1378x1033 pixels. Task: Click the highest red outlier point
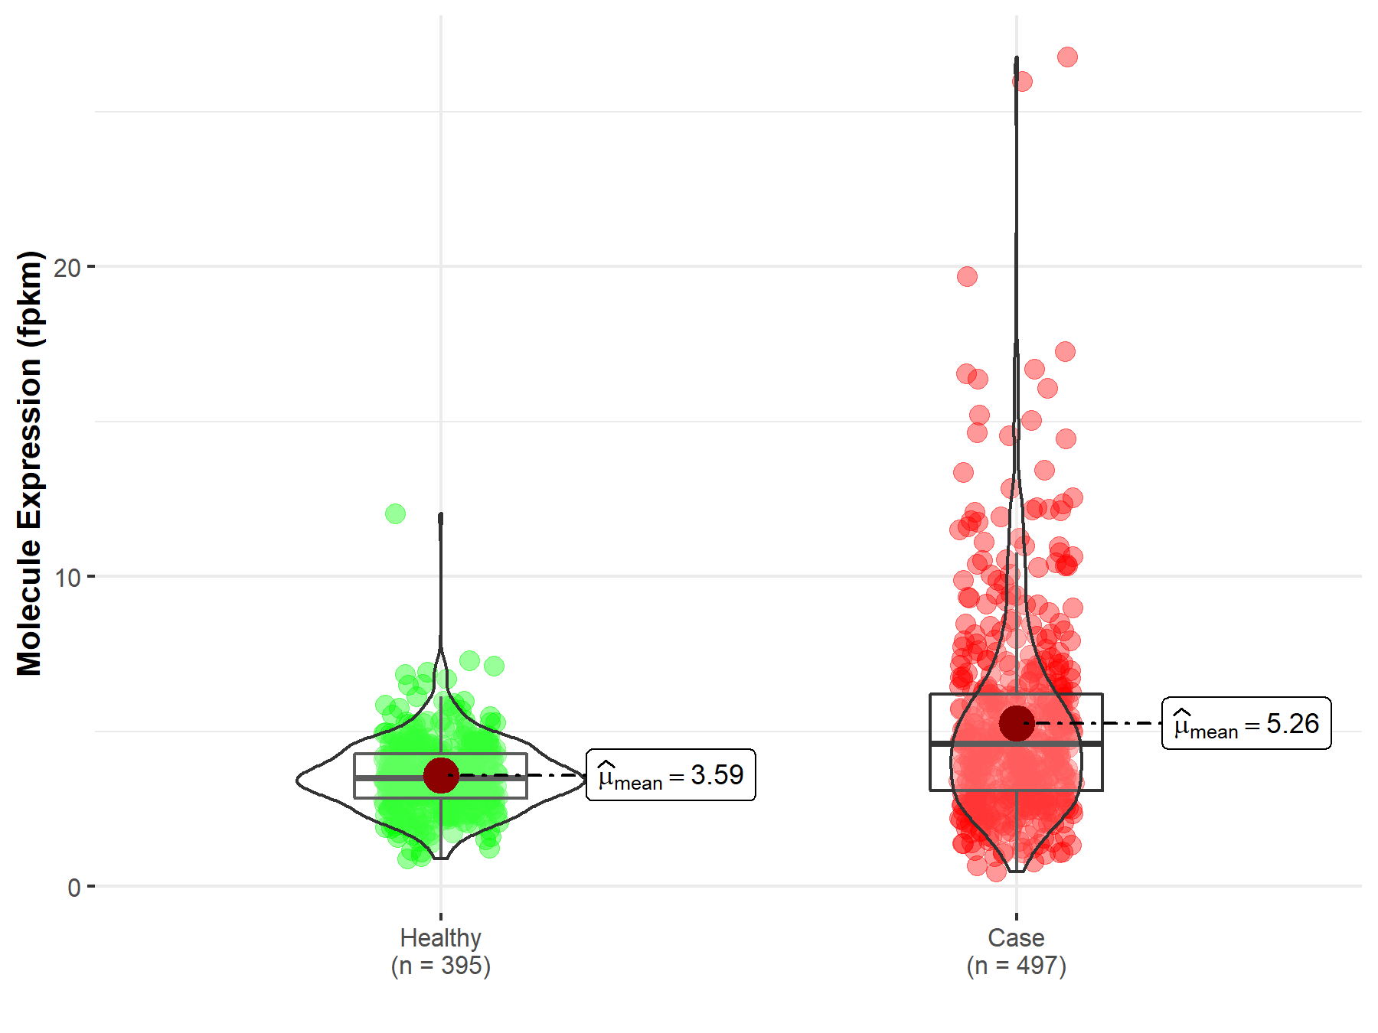(1067, 57)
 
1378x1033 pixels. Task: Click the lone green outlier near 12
(395, 513)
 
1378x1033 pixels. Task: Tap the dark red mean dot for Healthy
(441, 776)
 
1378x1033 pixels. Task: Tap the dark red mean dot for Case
(1017, 723)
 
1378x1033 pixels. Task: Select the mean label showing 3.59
(671, 775)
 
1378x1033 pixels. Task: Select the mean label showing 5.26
(1246, 723)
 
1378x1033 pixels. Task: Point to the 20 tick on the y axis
(67, 267)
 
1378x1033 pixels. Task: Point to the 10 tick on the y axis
(67, 577)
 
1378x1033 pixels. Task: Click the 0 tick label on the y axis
(74, 888)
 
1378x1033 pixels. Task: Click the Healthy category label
(441, 937)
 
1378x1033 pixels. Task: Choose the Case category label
(1016, 937)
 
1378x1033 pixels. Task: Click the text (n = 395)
(441, 966)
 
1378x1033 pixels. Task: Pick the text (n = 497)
(1016, 966)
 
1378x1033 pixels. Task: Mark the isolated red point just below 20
(967, 276)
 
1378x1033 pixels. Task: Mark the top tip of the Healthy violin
(441, 515)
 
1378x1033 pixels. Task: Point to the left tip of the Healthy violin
(298, 780)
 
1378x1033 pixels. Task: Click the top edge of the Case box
(1016, 694)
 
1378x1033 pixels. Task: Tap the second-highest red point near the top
(1022, 81)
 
